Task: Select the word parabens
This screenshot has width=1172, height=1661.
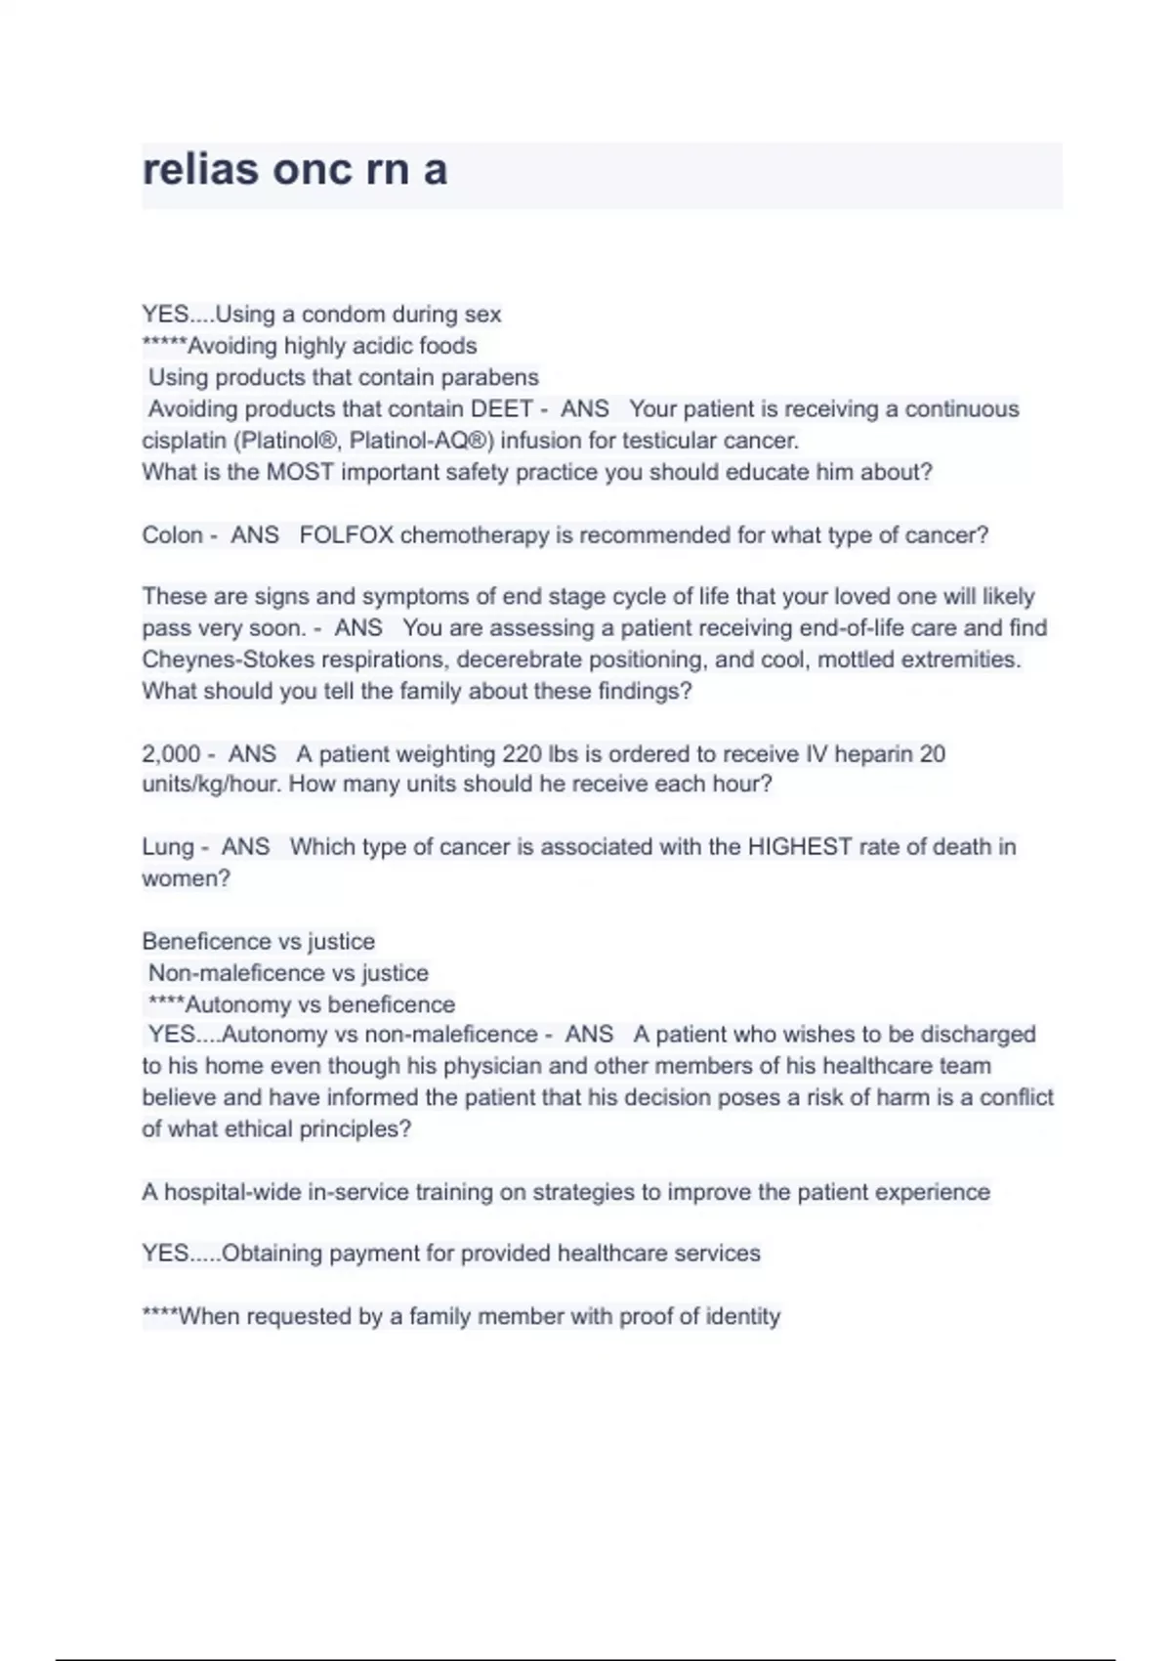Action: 493,377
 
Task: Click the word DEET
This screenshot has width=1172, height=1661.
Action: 502,408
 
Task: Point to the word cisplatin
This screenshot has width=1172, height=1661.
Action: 184,441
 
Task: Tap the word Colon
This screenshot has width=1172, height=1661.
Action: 172,535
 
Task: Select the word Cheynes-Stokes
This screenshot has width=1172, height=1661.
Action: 228,660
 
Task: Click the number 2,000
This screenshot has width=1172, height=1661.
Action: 171,754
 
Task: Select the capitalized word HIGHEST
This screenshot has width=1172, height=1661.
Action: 800,847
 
